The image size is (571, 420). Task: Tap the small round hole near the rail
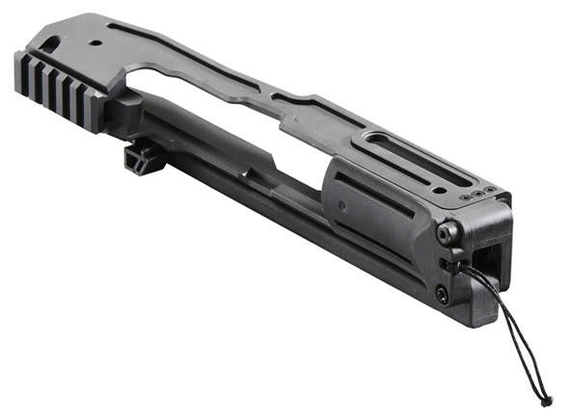(x=95, y=44)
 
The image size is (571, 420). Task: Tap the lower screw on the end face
(x=442, y=295)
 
